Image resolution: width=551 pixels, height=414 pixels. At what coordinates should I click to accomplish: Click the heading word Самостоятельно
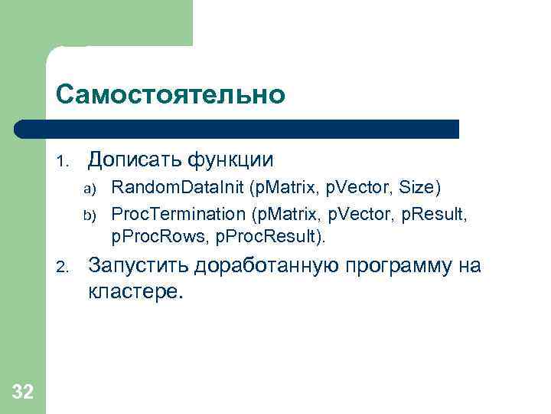point(170,95)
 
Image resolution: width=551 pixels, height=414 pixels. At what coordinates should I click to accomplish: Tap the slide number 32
point(23,393)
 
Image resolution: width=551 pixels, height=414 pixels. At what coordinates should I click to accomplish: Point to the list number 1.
point(63,161)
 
